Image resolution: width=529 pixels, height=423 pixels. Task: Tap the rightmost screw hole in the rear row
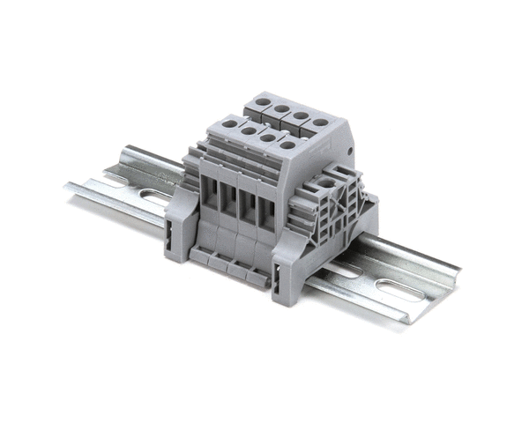pos(321,123)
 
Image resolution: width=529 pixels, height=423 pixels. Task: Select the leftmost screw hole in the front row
pos(228,124)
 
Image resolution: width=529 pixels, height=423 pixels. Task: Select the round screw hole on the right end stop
pos(329,183)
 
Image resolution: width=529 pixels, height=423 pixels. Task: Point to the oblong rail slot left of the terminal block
pos(157,192)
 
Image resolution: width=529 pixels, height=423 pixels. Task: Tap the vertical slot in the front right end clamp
pos(279,284)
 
